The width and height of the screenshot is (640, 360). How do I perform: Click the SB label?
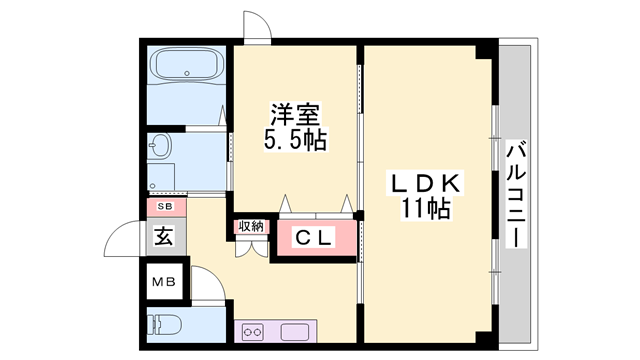(161, 208)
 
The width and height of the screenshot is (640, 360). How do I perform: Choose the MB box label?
(163, 281)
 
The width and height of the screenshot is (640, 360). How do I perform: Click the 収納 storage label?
(250, 226)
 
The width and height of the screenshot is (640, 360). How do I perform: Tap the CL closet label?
(312, 239)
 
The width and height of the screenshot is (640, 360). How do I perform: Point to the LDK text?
(424, 185)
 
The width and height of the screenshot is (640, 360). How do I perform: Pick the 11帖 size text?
(424, 209)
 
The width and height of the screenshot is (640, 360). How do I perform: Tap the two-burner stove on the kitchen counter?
(253, 331)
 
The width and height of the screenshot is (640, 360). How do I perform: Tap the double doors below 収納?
(250, 248)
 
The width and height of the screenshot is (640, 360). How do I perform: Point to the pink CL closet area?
(314, 238)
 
